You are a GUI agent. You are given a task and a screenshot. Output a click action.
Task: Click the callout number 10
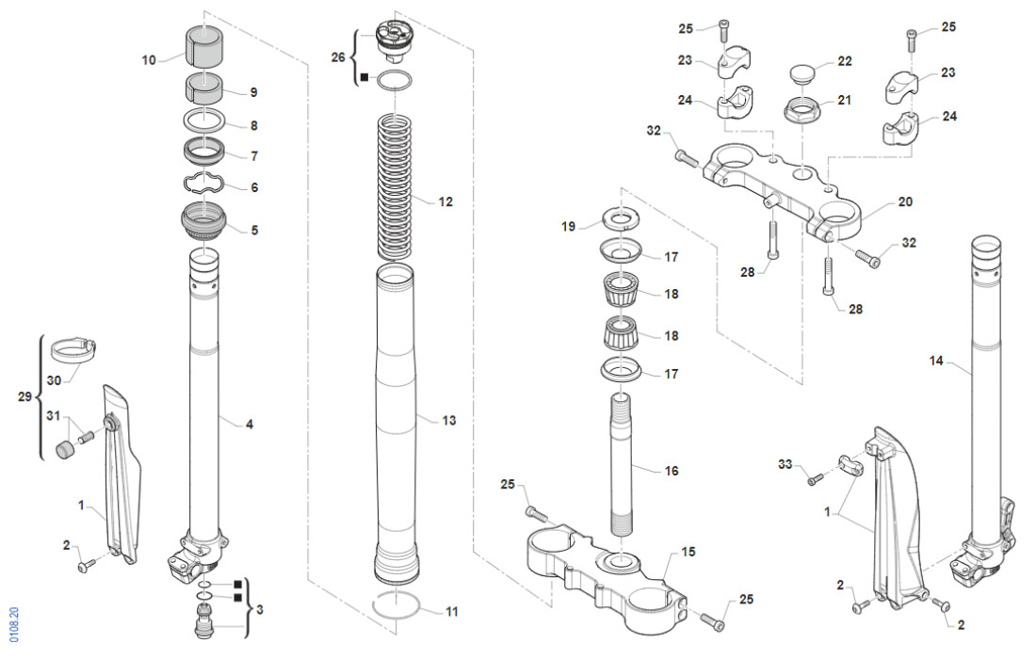tap(149, 60)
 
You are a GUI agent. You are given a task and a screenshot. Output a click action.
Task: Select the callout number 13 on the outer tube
tap(449, 421)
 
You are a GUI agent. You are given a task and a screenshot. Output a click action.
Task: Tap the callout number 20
tap(905, 201)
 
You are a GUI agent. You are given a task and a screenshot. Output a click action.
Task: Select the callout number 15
tap(688, 552)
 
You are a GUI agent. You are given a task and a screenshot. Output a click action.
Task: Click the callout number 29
tap(26, 398)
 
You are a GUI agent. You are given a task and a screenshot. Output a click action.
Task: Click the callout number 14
tap(935, 361)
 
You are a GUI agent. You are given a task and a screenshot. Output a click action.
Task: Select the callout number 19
tap(568, 226)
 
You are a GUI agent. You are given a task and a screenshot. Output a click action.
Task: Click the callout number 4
tap(249, 425)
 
